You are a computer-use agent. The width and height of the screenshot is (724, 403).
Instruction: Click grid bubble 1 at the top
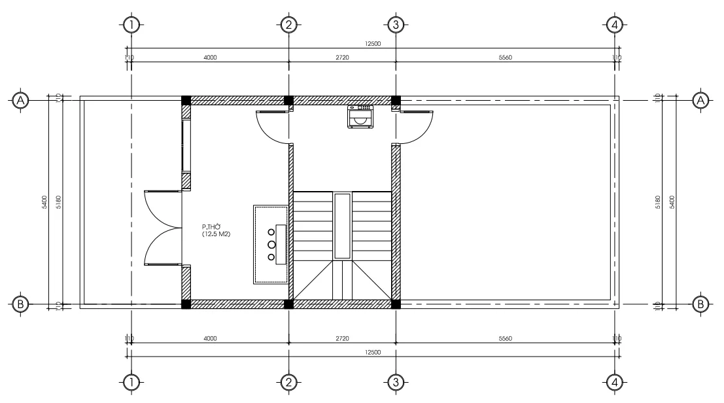tap(132, 25)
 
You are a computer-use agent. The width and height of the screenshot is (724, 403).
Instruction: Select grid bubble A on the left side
tap(21, 100)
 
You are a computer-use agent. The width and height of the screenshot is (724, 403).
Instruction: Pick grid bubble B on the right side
tap(700, 304)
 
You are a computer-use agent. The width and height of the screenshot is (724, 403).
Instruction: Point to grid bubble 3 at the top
tap(396, 25)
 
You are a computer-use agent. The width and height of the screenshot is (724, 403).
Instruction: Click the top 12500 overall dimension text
tap(373, 44)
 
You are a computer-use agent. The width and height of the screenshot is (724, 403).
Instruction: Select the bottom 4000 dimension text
tap(210, 339)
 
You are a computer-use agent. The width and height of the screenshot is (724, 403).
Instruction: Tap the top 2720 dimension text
tap(342, 58)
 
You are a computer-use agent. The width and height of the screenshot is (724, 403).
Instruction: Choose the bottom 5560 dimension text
tap(505, 339)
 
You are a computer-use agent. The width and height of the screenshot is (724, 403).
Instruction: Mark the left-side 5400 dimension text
tap(44, 201)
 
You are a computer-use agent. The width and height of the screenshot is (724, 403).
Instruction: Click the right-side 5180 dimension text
tap(658, 201)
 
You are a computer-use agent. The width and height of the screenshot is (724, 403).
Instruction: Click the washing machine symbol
tap(360, 116)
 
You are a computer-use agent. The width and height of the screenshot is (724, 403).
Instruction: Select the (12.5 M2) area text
tap(215, 234)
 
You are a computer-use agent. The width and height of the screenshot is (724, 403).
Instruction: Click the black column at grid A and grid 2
tap(288, 100)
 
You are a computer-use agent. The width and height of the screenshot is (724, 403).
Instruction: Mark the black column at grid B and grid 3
tap(396, 304)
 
